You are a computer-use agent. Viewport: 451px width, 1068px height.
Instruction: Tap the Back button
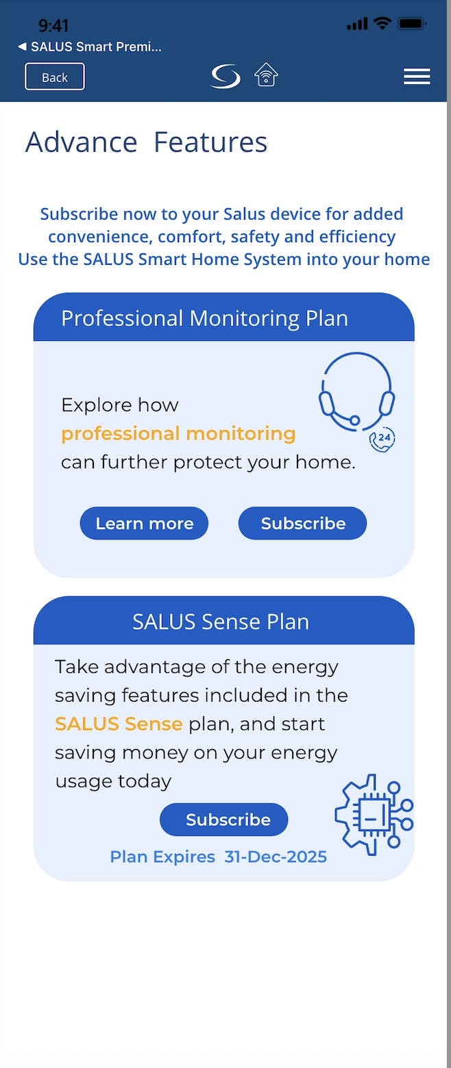pyautogui.click(x=55, y=77)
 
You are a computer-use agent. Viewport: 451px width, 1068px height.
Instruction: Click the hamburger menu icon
pyautogui.click(x=417, y=76)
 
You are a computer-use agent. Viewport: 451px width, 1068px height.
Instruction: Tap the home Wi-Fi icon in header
pyautogui.click(x=266, y=75)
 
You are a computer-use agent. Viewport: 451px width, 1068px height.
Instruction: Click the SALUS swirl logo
pyautogui.click(x=225, y=76)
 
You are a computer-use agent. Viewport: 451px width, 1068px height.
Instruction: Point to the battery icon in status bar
pyautogui.click(x=412, y=23)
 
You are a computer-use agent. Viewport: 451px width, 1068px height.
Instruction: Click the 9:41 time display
pyautogui.click(x=53, y=25)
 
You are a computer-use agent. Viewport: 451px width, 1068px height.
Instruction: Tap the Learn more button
pyautogui.click(x=144, y=523)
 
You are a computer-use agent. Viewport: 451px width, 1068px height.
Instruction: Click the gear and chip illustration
pyautogui.click(x=374, y=815)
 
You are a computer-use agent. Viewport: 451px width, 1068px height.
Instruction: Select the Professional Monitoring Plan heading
pyautogui.click(x=205, y=318)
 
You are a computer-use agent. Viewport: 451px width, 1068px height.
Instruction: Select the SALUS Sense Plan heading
pyautogui.click(x=221, y=622)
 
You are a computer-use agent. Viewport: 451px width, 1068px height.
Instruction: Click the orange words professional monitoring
pyautogui.click(x=178, y=433)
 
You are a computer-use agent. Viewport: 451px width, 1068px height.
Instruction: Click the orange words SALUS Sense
pyautogui.click(x=119, y=724)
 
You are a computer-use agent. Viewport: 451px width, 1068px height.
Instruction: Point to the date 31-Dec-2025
pyautogui.click(x=276, y=856)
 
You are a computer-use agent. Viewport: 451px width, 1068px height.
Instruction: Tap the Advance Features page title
pyautogui.click(x=147, y=142)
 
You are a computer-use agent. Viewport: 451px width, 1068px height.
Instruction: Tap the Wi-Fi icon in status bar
pyautogui.click(x=382, y=23)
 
